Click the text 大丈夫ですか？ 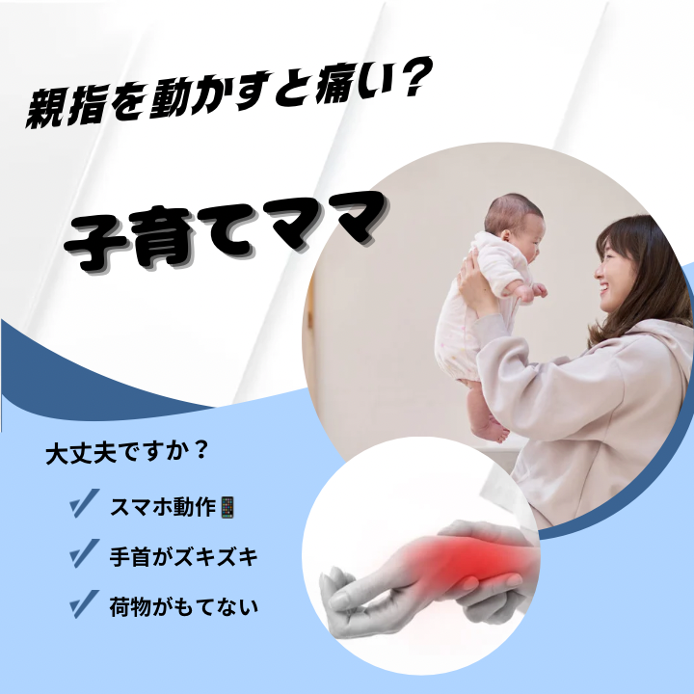tap(126, 453)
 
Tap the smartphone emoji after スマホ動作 tap(227, 507)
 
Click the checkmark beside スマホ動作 tap(84, 503)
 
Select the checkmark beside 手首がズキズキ tap(84, 553)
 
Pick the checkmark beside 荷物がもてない tap(84, 604)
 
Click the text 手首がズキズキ tap(183, 556)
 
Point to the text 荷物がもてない tap(183, 607)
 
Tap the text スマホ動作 tap(164, 507)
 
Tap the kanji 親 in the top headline tap(43, 108)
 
